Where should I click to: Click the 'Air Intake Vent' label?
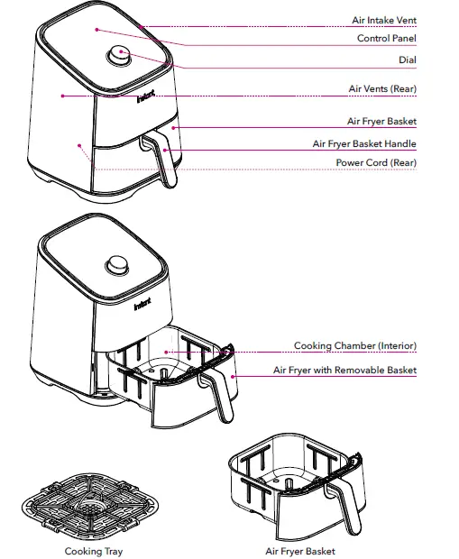(x=383, y=20)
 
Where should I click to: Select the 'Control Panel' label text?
(x=386, y=39)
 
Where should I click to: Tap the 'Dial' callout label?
(x=407, y=60)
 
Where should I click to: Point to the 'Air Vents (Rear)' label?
(x=382, y=89)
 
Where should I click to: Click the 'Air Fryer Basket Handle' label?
(x=364, y=143)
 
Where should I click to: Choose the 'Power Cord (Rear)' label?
(x=376, y=162)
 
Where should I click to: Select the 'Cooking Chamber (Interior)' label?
(x=354, y=346)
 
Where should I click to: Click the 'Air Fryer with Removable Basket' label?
(x=344, y=371)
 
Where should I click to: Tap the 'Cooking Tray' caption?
(x=94, y=551)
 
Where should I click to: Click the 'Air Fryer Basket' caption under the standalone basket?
(x=300, y=551)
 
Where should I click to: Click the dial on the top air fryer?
(x=119, y=55)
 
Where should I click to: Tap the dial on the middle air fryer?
(x=118, y=266)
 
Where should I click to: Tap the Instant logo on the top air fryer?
(x=145, y=93)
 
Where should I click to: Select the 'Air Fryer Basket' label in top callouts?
(x=381, y=121)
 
